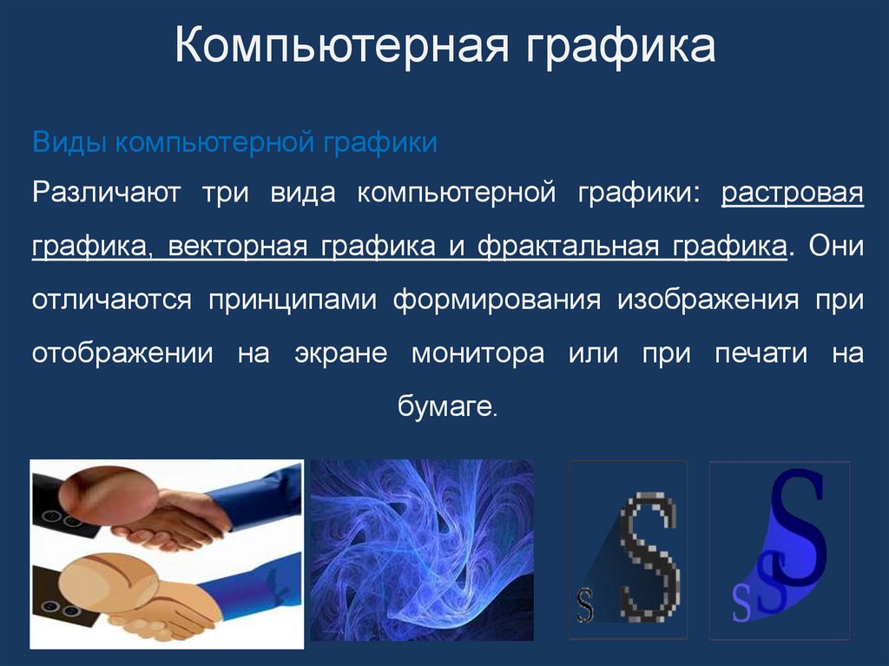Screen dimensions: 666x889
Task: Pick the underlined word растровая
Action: (793, 193)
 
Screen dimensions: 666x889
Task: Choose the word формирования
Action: (497, 300)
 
